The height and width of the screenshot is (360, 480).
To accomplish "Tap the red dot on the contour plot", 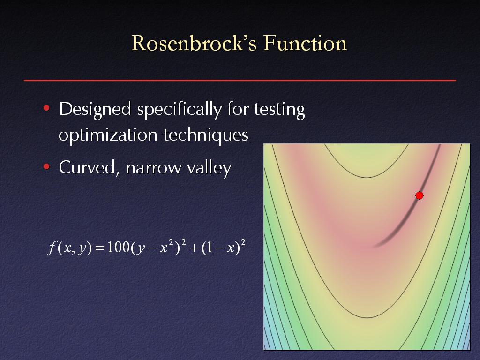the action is [420, 195].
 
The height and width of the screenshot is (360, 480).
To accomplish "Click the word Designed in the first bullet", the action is [95, 110].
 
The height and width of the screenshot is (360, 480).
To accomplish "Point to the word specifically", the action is [180, 110].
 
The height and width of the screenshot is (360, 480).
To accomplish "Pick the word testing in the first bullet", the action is [279, 110].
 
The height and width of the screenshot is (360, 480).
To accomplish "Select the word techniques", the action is [205, 135].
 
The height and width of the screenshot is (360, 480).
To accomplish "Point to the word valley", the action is [209, 168].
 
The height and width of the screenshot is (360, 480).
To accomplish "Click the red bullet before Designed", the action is [46, 108].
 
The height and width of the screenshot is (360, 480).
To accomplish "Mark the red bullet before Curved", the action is [46, 167].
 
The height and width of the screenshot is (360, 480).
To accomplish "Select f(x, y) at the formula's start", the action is [70, 247].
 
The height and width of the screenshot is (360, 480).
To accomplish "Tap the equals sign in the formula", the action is [100, 248].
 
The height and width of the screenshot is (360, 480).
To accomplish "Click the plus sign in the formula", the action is [195, 248].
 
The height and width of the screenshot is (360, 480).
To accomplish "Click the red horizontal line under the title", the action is [240, 80].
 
